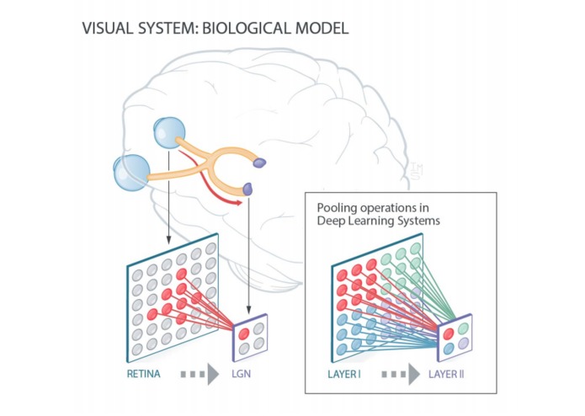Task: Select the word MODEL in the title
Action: tap(320, 28)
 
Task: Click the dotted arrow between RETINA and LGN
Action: tap(194, 372)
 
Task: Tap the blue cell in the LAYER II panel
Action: tap(449, 347)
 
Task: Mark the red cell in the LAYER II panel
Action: tap(449, 330)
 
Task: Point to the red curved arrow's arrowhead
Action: tap(241, 200)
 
